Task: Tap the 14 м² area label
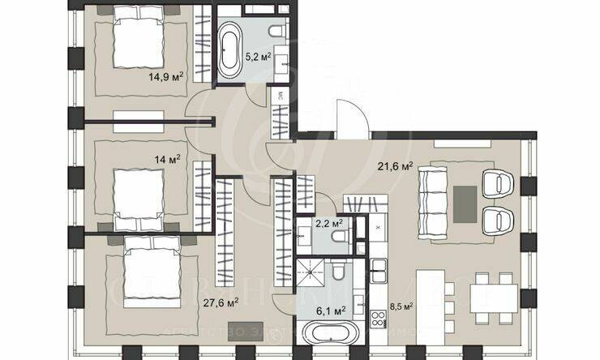coord(168,160)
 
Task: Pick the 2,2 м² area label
coord(328,222)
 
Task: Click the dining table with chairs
coord(491,297)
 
